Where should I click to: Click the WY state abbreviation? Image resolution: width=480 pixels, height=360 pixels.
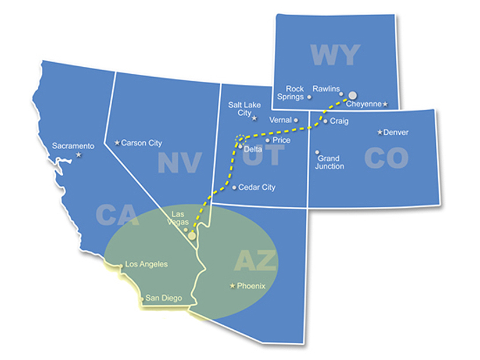[335, 55]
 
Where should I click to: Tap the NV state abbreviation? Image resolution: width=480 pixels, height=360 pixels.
[180, 163]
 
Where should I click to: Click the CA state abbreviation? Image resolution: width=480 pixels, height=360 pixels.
[117, 215]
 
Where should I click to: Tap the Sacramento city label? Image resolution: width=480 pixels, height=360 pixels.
[73, 146]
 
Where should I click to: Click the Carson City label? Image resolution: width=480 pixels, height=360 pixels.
[142, 143]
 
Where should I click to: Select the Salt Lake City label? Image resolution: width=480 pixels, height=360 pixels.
[244, 109]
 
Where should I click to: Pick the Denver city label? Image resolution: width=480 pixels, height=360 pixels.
[396, 132]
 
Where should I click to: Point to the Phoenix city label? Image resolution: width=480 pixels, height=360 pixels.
[251, 286]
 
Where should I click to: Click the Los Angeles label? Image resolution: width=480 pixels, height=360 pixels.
[146, 264]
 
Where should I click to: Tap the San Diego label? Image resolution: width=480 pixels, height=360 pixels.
[163, 298]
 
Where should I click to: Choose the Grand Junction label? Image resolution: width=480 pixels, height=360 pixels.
[330, 162]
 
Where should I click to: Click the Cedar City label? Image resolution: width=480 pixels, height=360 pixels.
[257, 188]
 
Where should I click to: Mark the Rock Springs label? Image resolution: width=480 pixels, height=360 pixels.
[291, 93]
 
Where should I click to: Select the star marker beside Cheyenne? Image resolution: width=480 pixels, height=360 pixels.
[385, 104]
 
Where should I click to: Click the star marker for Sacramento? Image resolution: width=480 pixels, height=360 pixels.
[78, 155]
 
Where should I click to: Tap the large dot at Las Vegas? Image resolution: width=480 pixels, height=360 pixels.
[192, 236]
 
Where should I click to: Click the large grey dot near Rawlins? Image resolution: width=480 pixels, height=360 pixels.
[352, 95]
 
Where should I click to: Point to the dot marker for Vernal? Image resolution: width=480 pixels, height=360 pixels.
[296, 120]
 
